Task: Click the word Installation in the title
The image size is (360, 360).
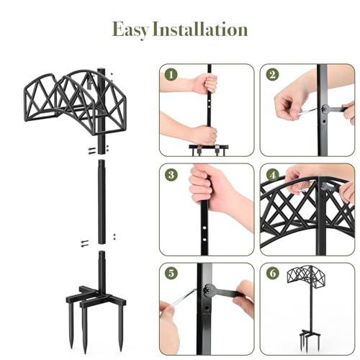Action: (x=202, y=30)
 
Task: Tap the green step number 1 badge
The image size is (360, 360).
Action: (x=171, y=74)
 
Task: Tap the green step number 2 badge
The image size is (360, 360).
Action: (x=271, y=74)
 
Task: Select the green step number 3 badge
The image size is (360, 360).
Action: (x=171, y=174)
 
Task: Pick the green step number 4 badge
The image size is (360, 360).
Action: (x=271, y=174)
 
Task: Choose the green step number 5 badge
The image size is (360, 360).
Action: (x=171, y=273)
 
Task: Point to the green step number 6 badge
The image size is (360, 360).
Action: (x=271, y=273)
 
